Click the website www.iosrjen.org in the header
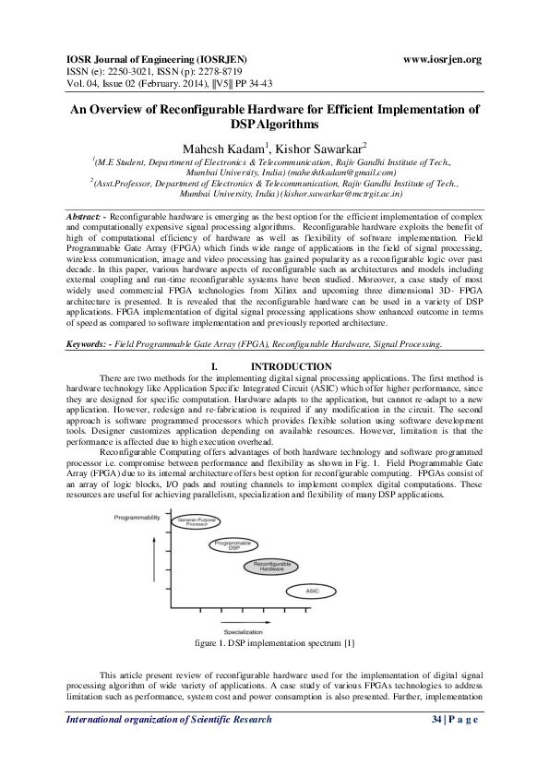(443, 60)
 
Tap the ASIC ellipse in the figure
(311, 590)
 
